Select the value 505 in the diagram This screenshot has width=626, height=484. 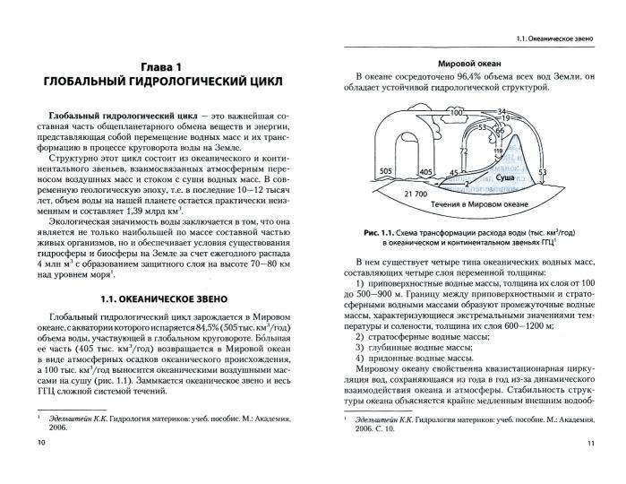[386, 170]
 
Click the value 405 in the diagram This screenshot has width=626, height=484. [425, 170]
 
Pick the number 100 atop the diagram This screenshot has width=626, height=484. [455, 113]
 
